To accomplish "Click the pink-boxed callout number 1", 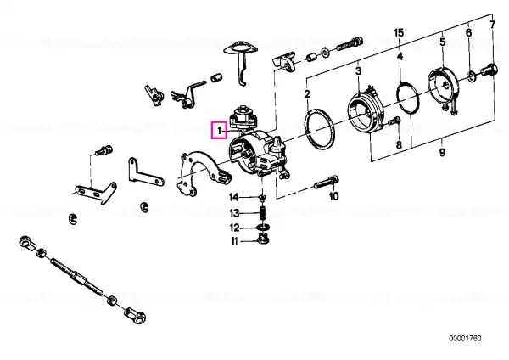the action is point(220,131).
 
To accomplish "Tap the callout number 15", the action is point(399,33).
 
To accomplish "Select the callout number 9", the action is point(442,152).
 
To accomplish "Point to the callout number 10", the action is point(334,196).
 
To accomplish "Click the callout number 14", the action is point(234,197).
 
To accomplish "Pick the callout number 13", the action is point(234,213).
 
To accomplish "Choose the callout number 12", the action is point(234,228).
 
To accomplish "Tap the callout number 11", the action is point(234,241).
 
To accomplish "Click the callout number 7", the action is point(492,25).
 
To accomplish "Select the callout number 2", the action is point(307,94).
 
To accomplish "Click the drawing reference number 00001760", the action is point(465,338).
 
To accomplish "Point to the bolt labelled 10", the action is point(327,183).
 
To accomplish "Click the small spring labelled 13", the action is point(264,213).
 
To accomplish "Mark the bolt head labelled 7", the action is point(489,70).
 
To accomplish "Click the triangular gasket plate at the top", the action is point(241,48).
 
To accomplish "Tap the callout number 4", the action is point(400,57).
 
